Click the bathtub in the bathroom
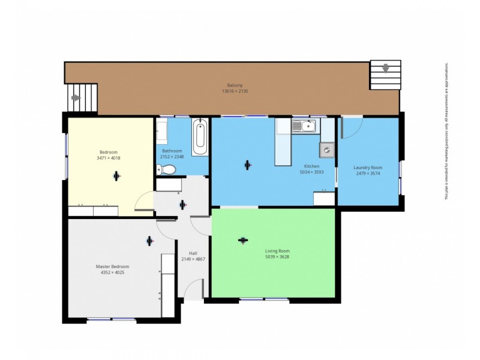click(x=200, y=137)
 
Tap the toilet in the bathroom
click(x=169, y=170)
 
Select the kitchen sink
click(x=304, y=126)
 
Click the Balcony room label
click(x=235, y=85)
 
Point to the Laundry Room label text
click(x=368, y=167)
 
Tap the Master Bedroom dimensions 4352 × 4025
click(x=112, y=272)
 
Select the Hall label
click(x=193, y=253)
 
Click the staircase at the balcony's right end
click(x=385, y=75)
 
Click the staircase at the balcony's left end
click(x=83, y=98)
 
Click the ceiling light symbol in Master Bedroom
click(x=149, y=241)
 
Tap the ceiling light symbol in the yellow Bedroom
click(x=116, y=176)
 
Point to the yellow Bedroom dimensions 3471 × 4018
click(x=109, y=158)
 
